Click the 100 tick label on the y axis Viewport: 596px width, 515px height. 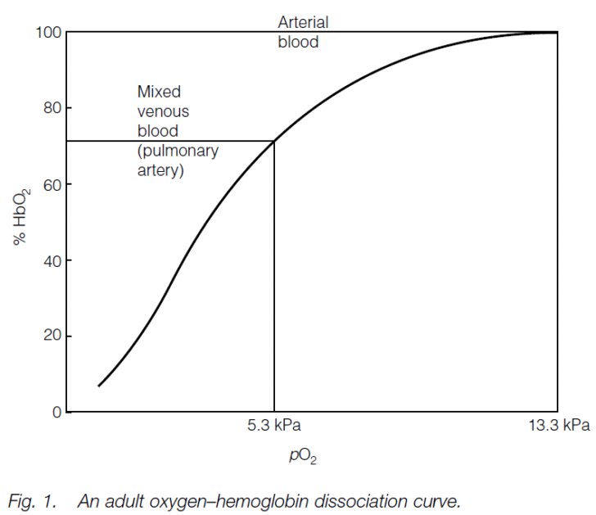(47, 33)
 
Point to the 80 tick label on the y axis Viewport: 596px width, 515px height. (51, 109)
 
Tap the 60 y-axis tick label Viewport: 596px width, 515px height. (51, 185)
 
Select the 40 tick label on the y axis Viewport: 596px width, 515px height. (51, 261)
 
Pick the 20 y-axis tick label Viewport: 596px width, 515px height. (51, 337)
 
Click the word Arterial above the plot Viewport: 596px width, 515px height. (303, 22)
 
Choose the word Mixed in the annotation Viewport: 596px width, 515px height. (159, 92)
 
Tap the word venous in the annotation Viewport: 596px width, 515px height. (163, 111)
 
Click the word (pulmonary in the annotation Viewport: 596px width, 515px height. (178, 151)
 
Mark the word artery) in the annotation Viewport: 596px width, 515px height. (160, 170)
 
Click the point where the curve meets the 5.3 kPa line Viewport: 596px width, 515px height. (273, 141)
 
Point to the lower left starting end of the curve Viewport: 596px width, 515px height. (99, 385)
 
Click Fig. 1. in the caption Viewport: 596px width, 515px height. (32, 499)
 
